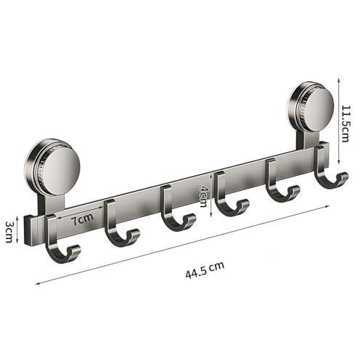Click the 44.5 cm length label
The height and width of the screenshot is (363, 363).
coord(205,270)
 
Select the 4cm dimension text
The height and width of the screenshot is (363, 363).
coord(203,196)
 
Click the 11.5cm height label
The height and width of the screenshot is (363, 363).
coord(345,123)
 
